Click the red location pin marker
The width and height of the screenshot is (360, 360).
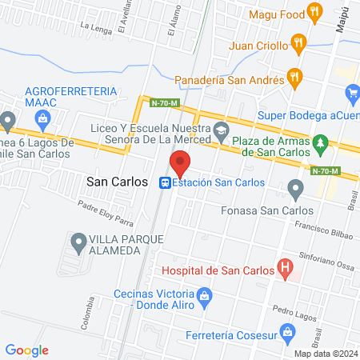(x=181, y=162)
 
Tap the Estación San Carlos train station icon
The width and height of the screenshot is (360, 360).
(x=165, y=182)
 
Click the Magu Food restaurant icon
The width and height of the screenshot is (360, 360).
(x=316, y=14)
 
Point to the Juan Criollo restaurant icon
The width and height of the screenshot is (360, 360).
(x=298, y=44)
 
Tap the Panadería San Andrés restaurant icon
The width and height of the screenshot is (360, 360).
(x=294, y=78)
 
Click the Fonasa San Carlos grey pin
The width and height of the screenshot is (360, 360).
(x=296, y=191)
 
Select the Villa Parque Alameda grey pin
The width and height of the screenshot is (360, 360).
(x=79, y=240)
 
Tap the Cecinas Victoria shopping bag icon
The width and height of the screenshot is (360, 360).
(x=204, y=297)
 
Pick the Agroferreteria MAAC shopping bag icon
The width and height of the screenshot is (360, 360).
(x=43, y=118)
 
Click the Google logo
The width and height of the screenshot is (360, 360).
(x=26, y=350)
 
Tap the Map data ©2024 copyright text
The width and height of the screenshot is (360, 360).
(x=324, y=354)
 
